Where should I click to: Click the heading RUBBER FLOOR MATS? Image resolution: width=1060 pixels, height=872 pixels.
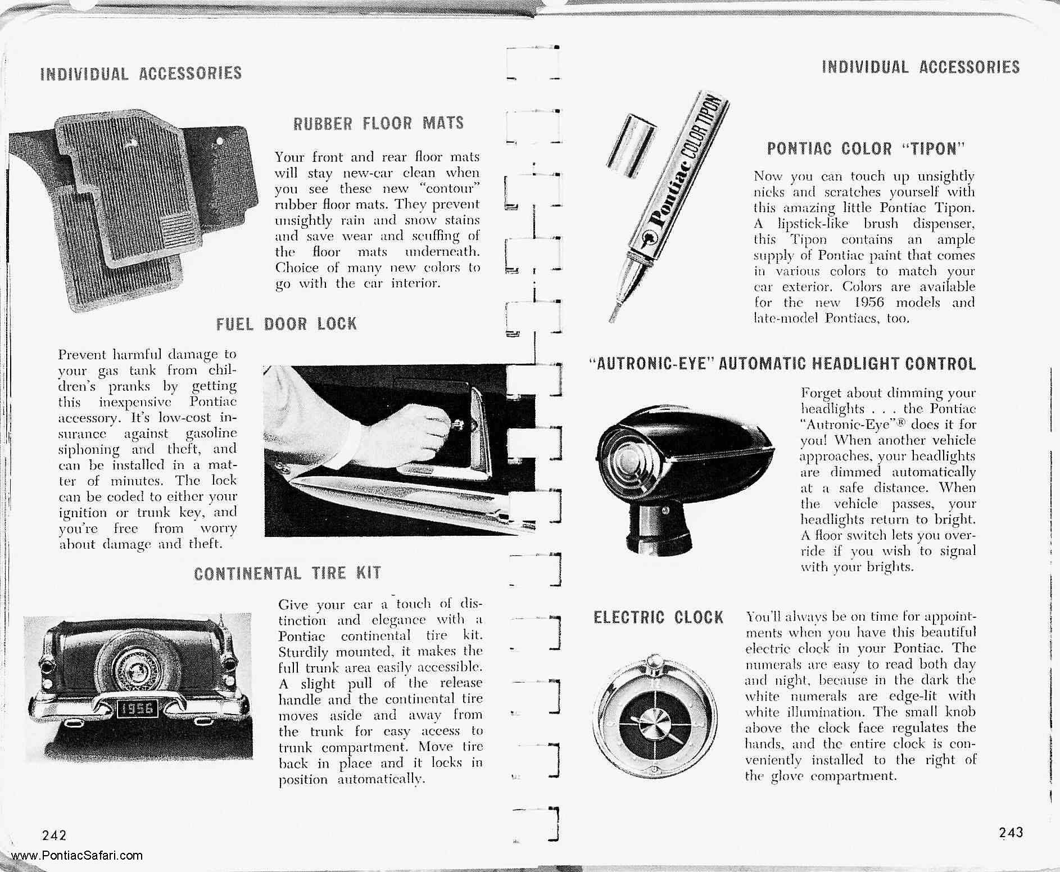[x=378, y=123]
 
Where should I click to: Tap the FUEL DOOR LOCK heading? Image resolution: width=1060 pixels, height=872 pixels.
[x=287, y=324]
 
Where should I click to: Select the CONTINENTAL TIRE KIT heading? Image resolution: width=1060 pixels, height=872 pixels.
[x=287, y=573]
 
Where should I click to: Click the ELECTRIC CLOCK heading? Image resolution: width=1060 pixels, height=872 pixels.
[x=658, y=618]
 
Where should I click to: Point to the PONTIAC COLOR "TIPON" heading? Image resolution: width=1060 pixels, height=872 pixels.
[x=866, y=149]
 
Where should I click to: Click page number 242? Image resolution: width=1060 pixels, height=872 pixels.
[x=55, y=834]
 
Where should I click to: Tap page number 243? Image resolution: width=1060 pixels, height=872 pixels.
[x=1011, y=832]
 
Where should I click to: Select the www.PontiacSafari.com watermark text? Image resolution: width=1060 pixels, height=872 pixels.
[x=76, y=856]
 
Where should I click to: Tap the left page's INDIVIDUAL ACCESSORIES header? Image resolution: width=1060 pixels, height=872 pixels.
[x=141, y=73]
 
